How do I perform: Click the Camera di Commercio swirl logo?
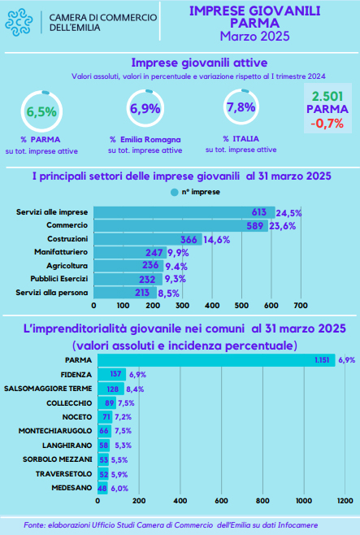19,23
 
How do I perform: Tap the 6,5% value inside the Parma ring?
41,111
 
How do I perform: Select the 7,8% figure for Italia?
241,107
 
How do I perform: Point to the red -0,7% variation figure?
327,123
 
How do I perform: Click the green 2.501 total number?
327,97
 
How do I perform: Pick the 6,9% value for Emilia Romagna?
145,108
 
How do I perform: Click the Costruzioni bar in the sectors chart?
148,239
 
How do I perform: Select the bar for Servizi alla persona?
125,293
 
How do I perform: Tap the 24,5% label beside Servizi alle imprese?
288,213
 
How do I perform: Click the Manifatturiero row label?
61,252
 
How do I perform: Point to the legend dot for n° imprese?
174,193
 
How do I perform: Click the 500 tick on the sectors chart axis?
241,306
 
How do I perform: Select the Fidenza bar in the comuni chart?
112,374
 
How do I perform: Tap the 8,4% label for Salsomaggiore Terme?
135,389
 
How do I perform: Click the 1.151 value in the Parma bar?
322,360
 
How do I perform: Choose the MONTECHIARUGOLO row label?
55,431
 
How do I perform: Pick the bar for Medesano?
102,488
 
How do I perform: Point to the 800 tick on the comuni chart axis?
262,501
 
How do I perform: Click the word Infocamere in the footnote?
297,525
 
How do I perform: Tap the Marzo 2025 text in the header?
254,36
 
